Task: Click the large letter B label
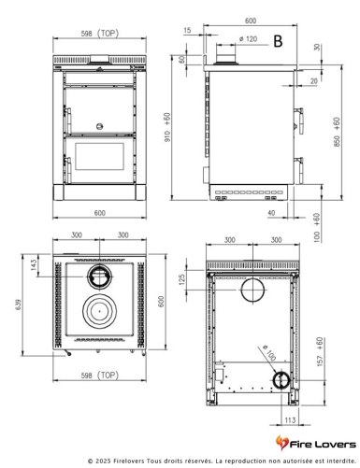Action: tap(278, 41)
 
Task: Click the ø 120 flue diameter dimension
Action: tap(249, 39)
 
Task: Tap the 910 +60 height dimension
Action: tap(167, 127)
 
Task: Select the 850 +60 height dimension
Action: tap(337, 132)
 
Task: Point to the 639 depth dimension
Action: tap(18, 305)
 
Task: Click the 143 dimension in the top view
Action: tap(34, 265)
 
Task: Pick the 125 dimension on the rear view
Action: tap(182, 279)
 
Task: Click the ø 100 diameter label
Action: tap(269, 352)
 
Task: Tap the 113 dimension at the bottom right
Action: tap(290, 420)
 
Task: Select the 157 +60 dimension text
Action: tap(320, 351)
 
